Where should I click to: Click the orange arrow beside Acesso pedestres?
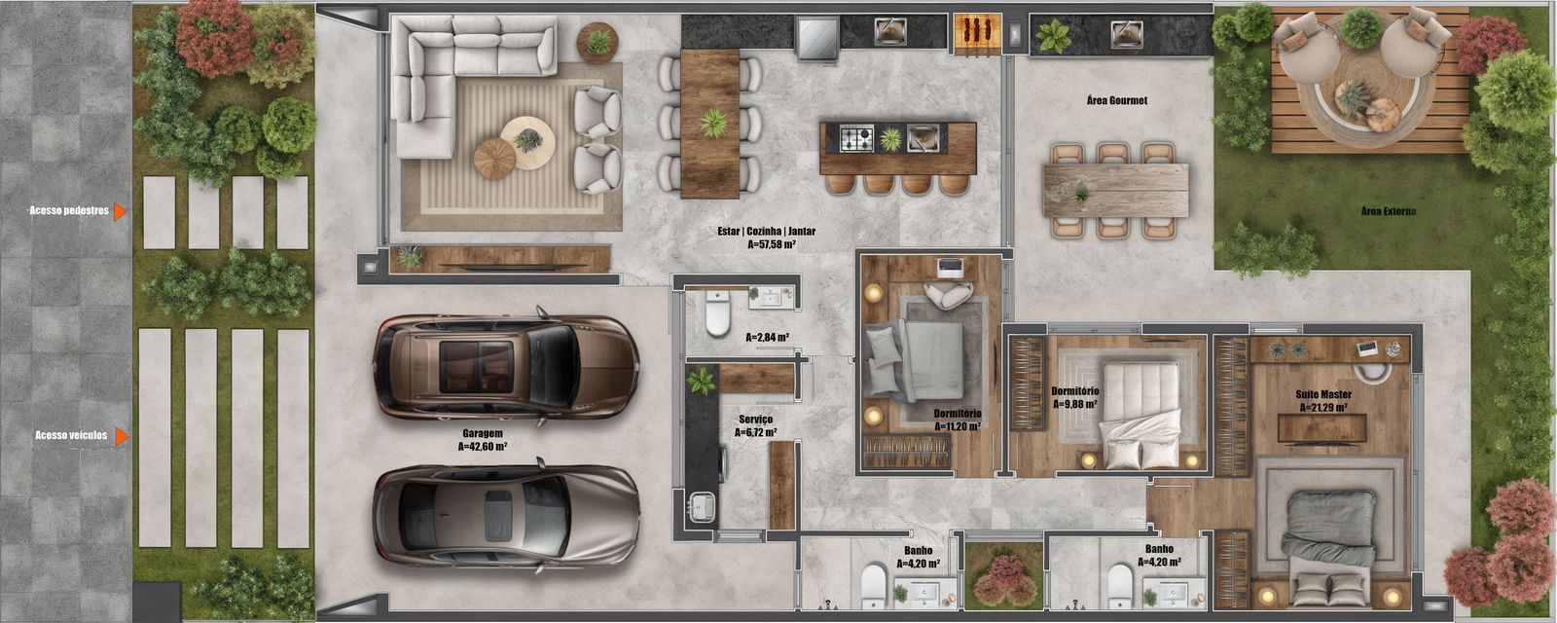pyautogui.click(x=121, y=211)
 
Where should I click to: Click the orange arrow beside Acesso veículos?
pyautogui.click(x=122, y=436)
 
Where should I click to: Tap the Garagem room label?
pyautogui.click(x=483, y=433)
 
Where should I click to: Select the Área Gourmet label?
pyautogui.click(x=1117, y=100)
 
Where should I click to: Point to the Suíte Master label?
pyautogui.click(x=1323, y=394)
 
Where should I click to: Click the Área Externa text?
pyautogui.click(x=1388, y=210)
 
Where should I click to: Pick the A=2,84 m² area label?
pyautogui.click(x=768, y=337)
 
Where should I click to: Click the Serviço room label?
pyautogui.click(x=755, y=420)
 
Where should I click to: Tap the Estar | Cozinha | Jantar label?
pyautogui.click(x=767, y=231)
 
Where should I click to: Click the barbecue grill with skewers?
pyautogui.click(x=977, y=31)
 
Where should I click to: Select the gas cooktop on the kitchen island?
pyautogui.click(x=855, y=137)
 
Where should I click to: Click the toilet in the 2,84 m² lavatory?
pyautogui.click(x=718, y=313)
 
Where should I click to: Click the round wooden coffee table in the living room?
pyautogui.click(x=494, y=159)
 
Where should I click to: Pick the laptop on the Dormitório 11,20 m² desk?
pyautogui.click(x=950, y=266)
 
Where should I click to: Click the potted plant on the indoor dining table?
pyautogui.click(x=712, y=123)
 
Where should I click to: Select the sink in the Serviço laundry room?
pyautogui.click(x=701, y=507)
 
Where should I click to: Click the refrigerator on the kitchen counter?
pyautogui.click(x=817, y=39)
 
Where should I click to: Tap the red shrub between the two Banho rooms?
pyautogui.click(x=1003, y=578)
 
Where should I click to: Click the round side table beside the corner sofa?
pyautogui.click(x=597, y=43)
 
